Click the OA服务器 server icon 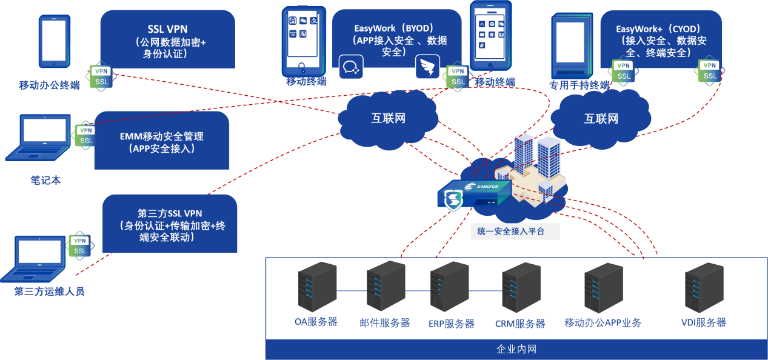tap(317, 287)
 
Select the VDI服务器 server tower tap(704, 287)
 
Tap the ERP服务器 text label tap(451, 324)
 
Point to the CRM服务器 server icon tap(521, 287)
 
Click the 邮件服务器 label tap(385, 323)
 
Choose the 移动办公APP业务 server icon tap(604, 287)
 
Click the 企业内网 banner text tap(516, 349)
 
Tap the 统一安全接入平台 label tap(511, 232)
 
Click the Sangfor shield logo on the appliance tap(453, 201)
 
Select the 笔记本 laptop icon tap(38, 138)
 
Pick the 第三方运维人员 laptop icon tap(33, 259)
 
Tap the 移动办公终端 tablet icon tap(55, 41)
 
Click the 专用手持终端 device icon tap(572, 45)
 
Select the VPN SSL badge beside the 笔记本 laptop tap(85, 135)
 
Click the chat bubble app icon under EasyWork tap(351, 67)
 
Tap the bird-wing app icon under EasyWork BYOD tap(427, 67)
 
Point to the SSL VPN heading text tap(168, 29)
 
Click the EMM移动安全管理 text tap(161, 136)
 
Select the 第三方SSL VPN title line tap(170, 213)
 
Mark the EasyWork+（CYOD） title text tap(661, 29)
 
